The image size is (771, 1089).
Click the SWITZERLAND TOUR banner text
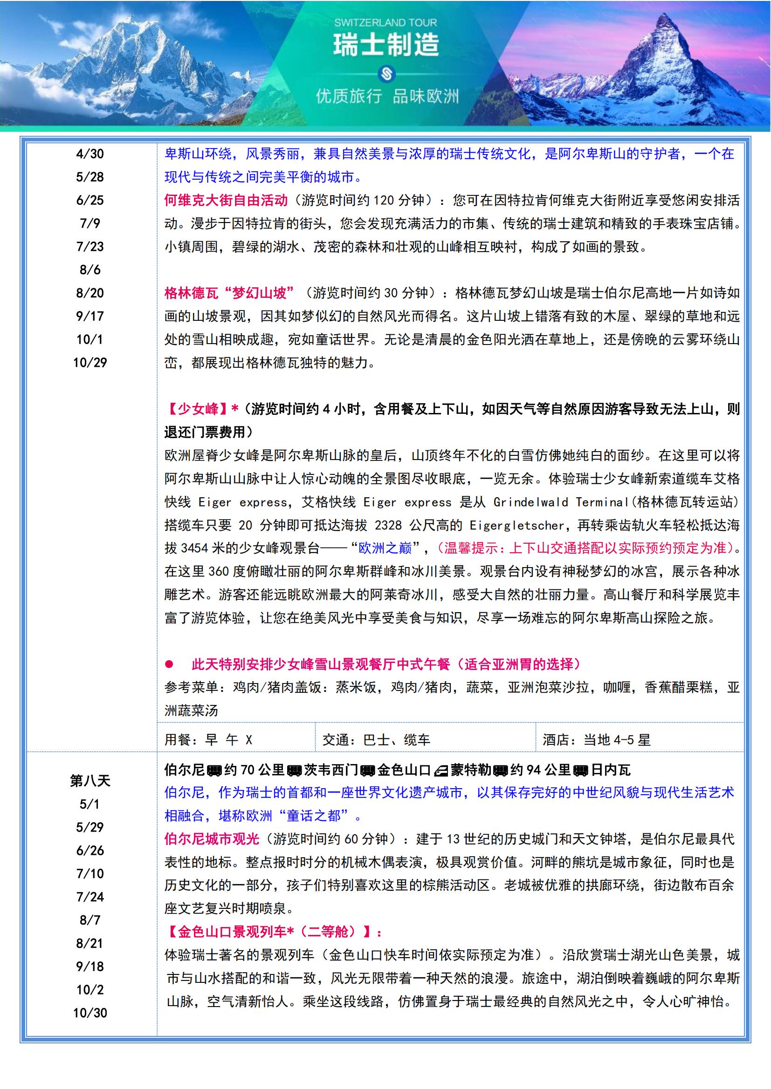point(385,22)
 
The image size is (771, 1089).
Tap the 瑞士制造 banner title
point(385,45)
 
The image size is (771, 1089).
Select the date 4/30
point(89,154)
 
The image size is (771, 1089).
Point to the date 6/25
point(89,200)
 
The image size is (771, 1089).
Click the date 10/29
point(89,363)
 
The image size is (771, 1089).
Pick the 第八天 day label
point(89,781)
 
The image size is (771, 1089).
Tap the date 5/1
point(89,804)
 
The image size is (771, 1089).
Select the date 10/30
point(89,1013)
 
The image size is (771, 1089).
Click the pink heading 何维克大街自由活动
point(226,200)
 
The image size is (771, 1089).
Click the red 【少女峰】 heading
point(198,409)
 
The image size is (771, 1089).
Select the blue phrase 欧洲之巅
point(385,548)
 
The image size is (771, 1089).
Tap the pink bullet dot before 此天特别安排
point(169,664)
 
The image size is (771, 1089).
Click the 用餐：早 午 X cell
point(208,740)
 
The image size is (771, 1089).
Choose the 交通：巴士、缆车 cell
point(376,740)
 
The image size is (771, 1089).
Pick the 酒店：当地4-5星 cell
point(596,740)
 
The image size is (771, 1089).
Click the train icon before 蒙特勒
point(441,770)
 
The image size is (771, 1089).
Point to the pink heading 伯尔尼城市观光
point(212,839)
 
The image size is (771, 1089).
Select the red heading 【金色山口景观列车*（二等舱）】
point(274,932)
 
